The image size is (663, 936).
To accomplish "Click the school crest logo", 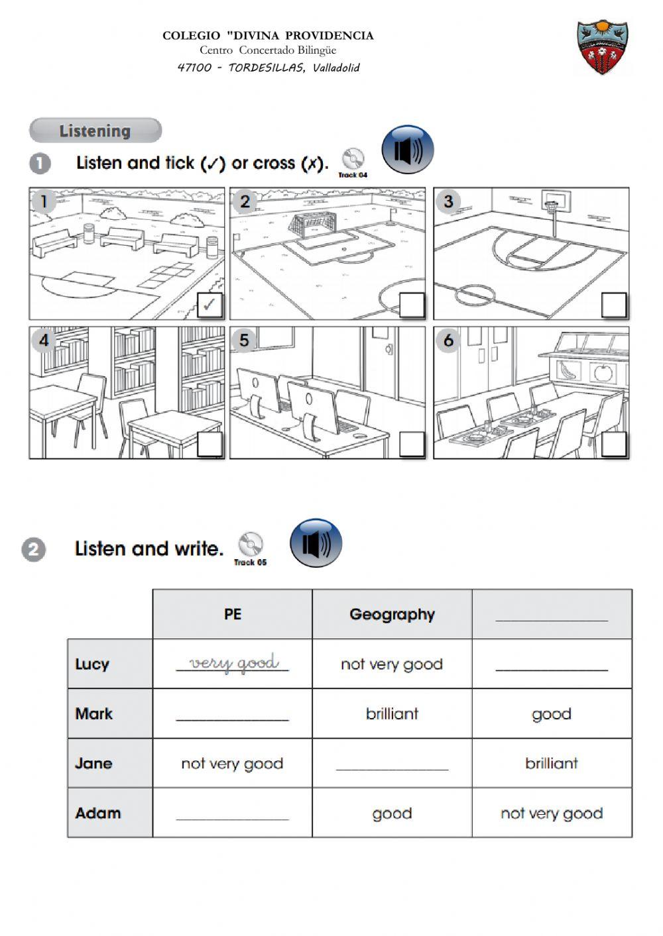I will [602, 47].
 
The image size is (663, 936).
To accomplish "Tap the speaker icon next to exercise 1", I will [408, 150].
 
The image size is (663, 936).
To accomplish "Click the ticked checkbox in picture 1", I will [210, 305].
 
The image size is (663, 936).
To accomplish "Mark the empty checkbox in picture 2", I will [412, 305].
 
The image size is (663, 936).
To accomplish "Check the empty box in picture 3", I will [614, 305].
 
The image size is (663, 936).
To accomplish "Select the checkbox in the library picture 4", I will [210, 444].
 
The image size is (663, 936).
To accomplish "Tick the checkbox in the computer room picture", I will [412, 444].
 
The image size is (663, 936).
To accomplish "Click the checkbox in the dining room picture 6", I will [614, 444].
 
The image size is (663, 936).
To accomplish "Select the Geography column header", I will [392, 614].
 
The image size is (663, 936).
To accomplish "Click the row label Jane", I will [94, 763].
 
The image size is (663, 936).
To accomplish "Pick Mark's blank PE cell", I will [232, 713].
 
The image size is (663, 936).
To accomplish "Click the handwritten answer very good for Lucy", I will [233, 663].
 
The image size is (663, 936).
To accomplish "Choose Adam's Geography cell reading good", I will [392, 813].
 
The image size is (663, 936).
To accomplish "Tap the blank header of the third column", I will [552, 614].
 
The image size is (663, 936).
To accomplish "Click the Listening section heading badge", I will [95, 130].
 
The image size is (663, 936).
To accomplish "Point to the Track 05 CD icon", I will [251, 545].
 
